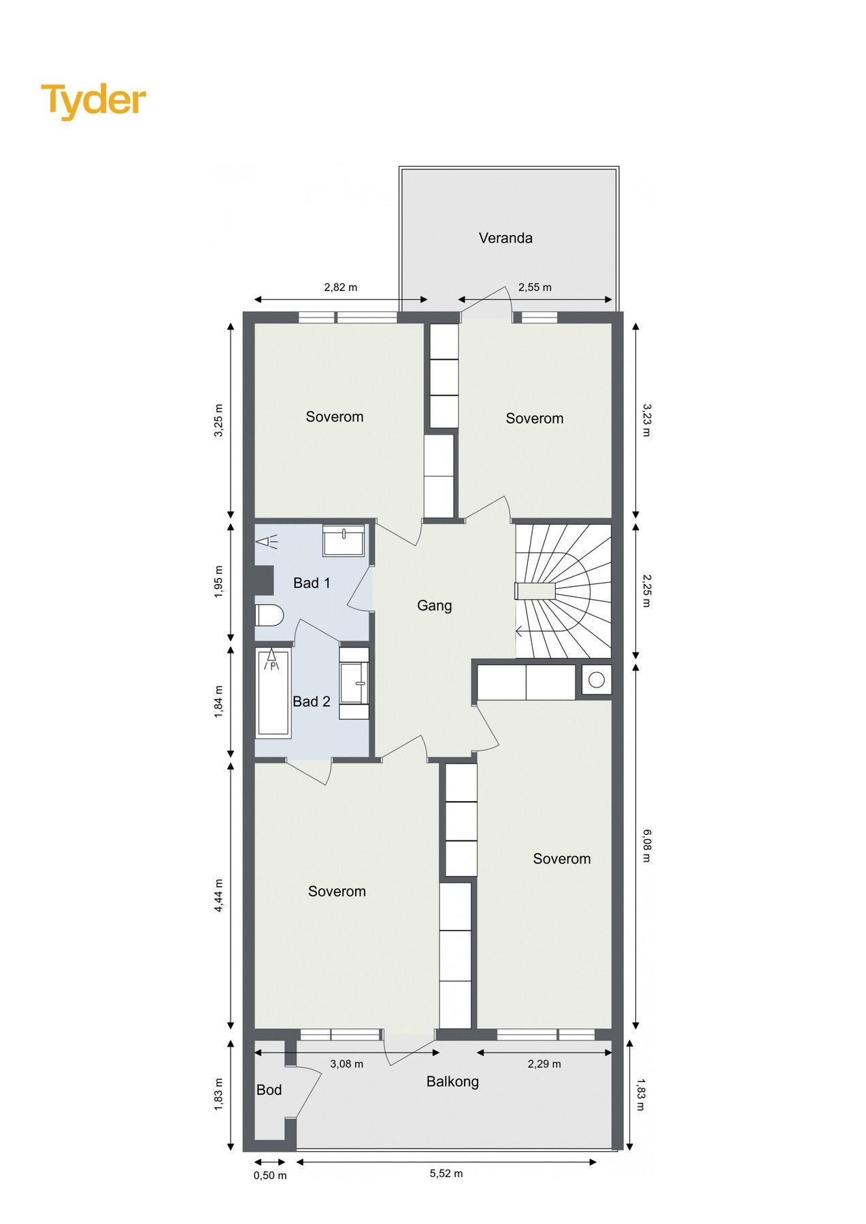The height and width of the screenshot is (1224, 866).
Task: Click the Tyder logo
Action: pos(93,101)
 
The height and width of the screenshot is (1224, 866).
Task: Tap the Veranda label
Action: pos(505,238)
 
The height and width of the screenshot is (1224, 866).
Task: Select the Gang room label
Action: pos(434,606)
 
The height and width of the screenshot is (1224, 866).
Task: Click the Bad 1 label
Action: pos(312,583)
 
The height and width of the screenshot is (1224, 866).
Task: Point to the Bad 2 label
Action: pos(312,701)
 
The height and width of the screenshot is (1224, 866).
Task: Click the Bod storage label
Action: pos(269,1090)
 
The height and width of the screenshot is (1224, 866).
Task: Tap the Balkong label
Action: pos(452,1082)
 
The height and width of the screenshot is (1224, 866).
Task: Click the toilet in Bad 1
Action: pos(269,615)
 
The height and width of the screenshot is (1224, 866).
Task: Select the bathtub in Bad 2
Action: pos(273,692)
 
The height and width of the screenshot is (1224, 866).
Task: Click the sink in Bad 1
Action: pos(344,541)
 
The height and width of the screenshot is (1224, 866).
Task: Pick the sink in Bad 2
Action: pos(354,683)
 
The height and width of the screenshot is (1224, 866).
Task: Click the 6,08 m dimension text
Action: pos(646,845)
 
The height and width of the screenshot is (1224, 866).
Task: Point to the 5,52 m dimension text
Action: pos(446,1173)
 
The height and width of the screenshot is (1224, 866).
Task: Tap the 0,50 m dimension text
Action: pos(270,1176)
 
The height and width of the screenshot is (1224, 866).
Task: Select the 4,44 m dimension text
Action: pos(219,896)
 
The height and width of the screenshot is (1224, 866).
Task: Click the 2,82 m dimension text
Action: pos(341,287)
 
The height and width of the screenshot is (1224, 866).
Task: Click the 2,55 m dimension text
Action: pos(535,287)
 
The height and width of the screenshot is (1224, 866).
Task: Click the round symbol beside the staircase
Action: pos(597,680)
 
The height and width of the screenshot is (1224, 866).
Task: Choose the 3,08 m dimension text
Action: pos(347,1064)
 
